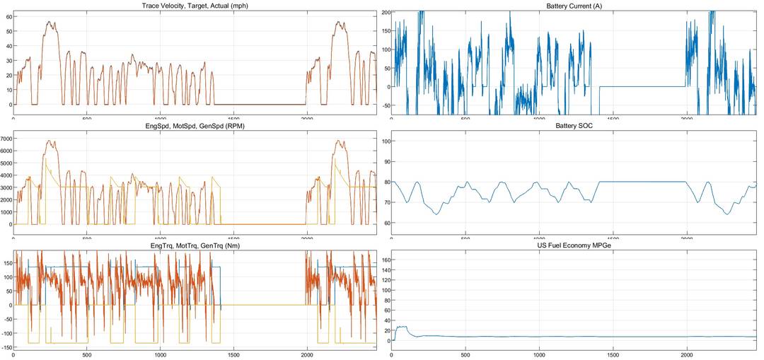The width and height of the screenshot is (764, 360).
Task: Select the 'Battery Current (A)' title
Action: coord(574,6)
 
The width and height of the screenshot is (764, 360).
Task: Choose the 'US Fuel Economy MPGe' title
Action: coord(574,245)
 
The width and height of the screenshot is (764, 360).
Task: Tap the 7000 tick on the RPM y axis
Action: coord(6,138)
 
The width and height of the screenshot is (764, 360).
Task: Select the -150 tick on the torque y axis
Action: coord(6,347)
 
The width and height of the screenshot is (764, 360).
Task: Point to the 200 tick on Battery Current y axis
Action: coord(386,12)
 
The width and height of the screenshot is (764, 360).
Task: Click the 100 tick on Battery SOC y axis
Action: coord(386,141)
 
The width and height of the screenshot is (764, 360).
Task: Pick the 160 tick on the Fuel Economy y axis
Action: coord(386,260)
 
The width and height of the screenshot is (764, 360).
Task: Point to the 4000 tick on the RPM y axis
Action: coord(6,175)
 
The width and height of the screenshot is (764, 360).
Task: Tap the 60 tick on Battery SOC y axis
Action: coord(387,223)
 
